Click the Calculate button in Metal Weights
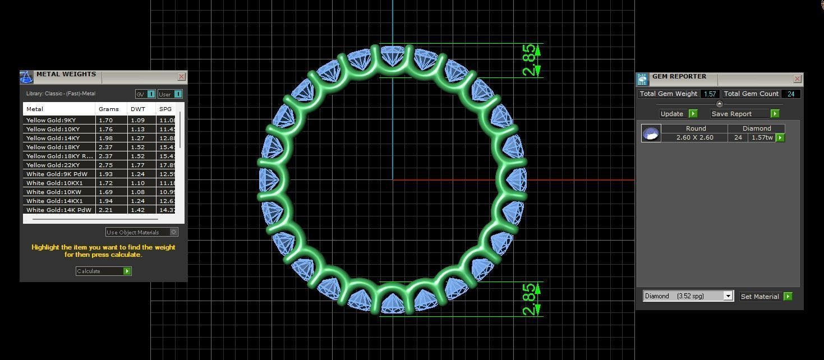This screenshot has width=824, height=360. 104,271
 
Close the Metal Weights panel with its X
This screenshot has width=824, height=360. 181,77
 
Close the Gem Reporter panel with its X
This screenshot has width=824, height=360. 797,79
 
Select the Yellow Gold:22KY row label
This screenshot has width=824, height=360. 53,165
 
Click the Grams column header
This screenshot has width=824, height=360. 109,109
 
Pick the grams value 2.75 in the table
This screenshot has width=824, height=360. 105,165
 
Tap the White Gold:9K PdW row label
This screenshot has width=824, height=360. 57,174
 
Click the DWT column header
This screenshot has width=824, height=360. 137,109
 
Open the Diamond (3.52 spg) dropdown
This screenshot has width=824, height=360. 688,296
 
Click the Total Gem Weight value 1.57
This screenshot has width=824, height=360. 710,94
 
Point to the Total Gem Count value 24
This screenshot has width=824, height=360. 791,94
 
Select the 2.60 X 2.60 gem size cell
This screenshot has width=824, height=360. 694,137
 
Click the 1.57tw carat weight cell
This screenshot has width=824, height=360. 762,137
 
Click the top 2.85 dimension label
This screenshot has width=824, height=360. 529,60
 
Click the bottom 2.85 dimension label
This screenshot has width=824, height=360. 529,299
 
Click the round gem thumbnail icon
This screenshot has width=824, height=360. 651,133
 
